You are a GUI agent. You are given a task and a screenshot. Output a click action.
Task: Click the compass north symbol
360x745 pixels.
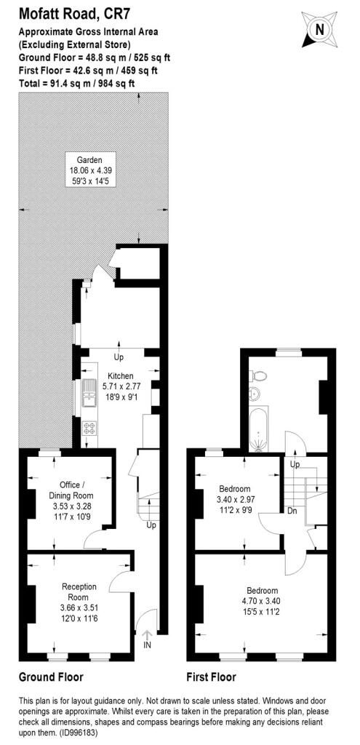coord(319,28)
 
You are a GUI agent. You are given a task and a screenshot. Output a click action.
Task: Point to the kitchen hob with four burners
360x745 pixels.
coord(91,427)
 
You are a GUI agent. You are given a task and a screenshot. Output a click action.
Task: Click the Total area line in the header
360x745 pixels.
coord(76,84)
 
